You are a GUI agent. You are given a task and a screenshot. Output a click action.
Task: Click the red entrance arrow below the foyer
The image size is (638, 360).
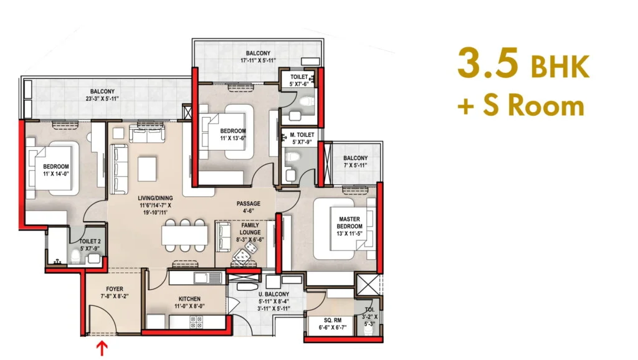point(102,349)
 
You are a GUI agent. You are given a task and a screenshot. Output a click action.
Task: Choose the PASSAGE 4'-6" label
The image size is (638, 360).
point(249,207)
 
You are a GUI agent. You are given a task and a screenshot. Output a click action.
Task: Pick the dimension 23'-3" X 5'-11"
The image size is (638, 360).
point(102,98)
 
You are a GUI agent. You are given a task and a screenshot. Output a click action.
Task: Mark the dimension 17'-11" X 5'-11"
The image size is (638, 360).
point(259,60)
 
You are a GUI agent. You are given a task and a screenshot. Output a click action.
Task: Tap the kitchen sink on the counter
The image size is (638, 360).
point(207,278)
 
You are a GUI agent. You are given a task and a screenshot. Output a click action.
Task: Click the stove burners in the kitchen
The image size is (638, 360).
point(196,321)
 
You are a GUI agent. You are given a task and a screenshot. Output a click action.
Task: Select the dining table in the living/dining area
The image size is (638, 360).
point(184,235)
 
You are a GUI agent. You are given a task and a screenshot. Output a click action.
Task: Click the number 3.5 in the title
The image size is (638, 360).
point(488,63)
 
